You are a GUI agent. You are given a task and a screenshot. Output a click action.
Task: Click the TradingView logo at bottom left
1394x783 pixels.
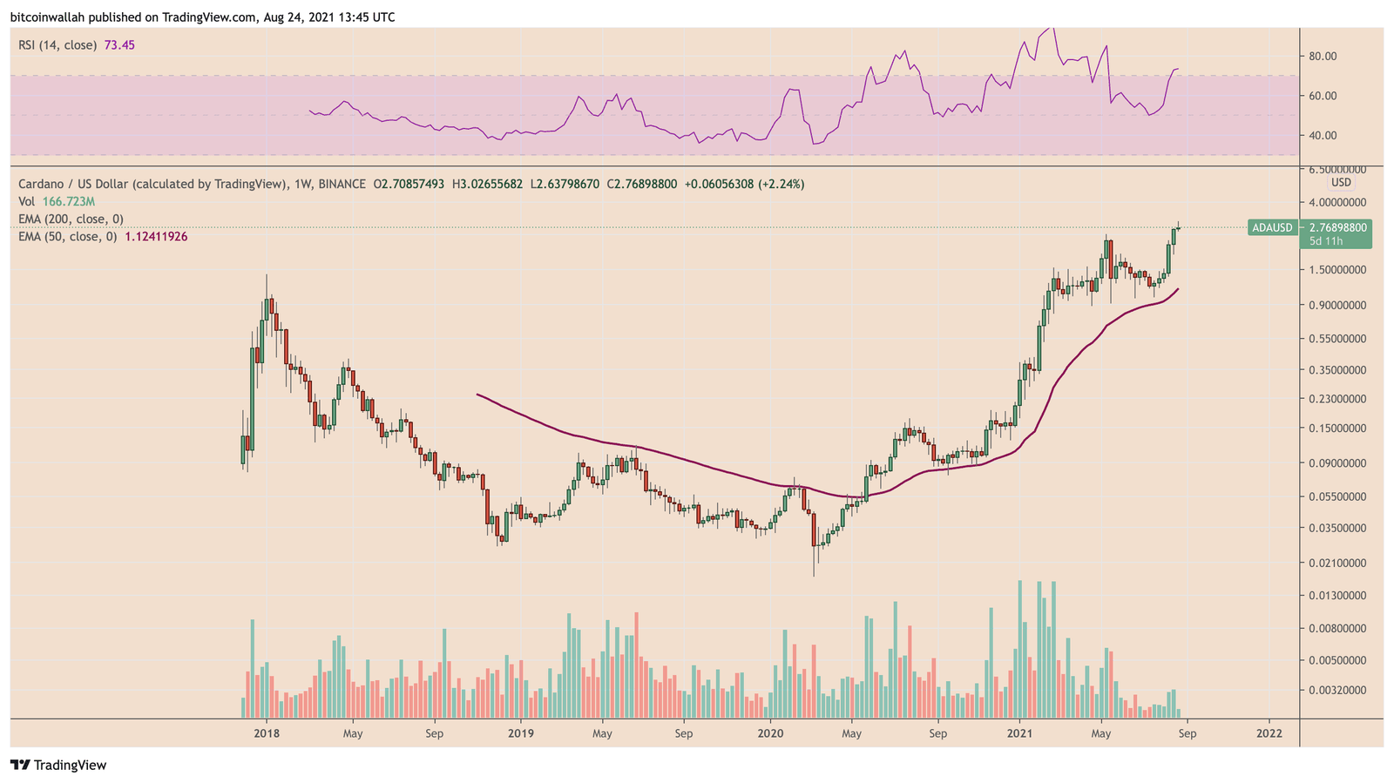58,765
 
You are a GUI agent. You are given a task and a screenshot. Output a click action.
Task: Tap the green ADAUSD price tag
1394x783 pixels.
1272,227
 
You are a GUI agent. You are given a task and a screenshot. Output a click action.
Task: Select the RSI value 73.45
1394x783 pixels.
119,44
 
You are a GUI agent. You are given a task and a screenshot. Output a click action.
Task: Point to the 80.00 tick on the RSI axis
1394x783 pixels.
1323,57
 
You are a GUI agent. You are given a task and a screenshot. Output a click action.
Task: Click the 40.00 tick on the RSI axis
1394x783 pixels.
1323,136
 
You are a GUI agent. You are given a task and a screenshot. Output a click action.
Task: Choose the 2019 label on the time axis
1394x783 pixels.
520,733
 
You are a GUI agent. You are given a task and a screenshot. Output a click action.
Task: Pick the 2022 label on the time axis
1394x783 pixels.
1269,733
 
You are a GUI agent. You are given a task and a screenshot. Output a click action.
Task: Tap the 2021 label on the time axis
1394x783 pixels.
1019,733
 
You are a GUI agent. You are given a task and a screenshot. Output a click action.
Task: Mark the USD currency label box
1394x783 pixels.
1340,182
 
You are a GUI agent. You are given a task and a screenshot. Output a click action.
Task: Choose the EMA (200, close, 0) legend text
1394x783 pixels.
71,219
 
